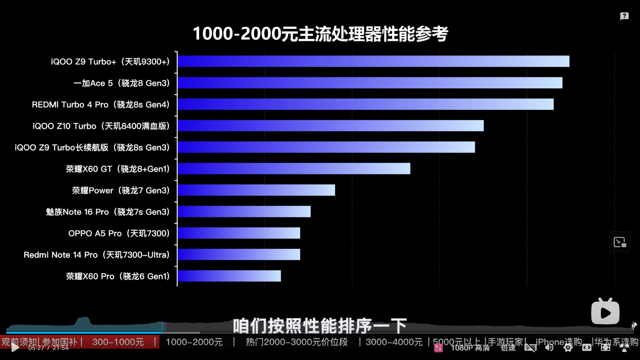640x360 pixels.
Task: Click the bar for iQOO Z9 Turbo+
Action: click(x=373, y=61)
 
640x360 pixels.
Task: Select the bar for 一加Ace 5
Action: click(x=370, y=83)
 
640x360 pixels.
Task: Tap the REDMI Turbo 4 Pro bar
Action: click(x=365, y=104)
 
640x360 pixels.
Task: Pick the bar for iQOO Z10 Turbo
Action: click(x=331, y=126)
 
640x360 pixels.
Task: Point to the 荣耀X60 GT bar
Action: click(x=294, y=169)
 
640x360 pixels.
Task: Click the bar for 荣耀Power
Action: click(x=256, y=190)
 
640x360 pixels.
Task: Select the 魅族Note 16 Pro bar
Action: click(x=244, y=212)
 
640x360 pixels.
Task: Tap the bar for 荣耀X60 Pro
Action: click(x=229, y=276)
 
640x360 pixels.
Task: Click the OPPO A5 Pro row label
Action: click(x=119, y=233)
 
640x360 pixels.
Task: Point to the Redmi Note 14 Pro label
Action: click(x=96, y=255)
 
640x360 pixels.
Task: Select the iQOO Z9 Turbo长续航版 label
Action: click(x=92, y=147)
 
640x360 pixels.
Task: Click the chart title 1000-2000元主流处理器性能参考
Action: click(x=320, y=34)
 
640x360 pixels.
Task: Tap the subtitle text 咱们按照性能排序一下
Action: click(x=320, y=326)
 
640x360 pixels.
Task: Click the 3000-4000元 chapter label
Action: click(x=394, y=342)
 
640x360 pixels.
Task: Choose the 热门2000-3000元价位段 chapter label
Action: click(x=296, y=342)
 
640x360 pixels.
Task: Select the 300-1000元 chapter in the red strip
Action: click(x=118, y=342)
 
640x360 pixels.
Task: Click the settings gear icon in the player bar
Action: click(x=568, y=347)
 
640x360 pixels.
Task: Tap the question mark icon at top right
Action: click(x=624, y=16)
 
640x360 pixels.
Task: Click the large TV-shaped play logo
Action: click(x=605, y=312)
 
